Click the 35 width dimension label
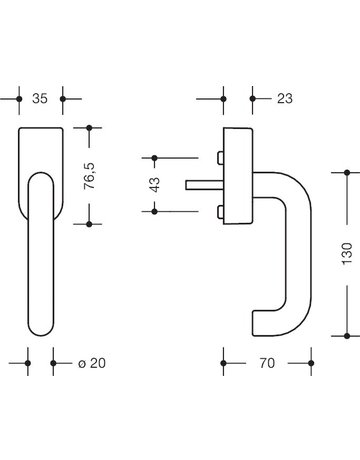coord(40,100)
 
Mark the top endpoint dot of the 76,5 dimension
coord(90,128)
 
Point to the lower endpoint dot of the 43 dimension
coord(155,211)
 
